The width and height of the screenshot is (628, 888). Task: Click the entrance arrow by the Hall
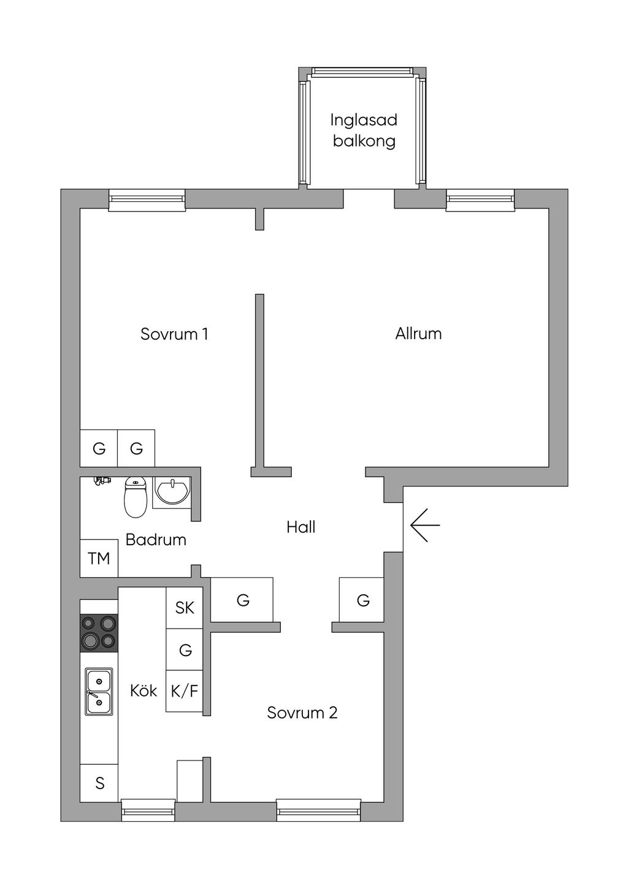pos(425,526)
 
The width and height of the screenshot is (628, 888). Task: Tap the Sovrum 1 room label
pos(174,334)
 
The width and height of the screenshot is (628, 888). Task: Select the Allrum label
pos(418,334)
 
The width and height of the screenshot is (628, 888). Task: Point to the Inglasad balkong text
pos(364,131)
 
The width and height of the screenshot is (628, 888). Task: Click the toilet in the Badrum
pos(136,497)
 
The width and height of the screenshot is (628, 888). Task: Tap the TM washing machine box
pos(99,558)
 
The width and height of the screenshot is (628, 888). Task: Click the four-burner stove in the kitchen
pos(99,633)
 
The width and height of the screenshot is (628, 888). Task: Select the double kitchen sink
pos(99,692)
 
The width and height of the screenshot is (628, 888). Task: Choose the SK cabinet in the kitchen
pos(185,608)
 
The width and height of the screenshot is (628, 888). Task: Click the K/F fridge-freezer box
pos(185,691)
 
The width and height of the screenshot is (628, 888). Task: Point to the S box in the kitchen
pos(99,783)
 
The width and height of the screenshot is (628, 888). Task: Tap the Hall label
pos(301,527)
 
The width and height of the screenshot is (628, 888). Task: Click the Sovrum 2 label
pos(302,713)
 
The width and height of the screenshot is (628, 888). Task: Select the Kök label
pos(144,691)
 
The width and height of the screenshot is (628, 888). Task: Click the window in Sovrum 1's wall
pos(147,200)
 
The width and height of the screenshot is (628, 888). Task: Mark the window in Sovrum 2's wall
pos(319,810)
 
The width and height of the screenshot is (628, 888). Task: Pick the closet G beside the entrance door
pos(362,600)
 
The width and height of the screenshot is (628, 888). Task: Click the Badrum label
pos(156,540)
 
